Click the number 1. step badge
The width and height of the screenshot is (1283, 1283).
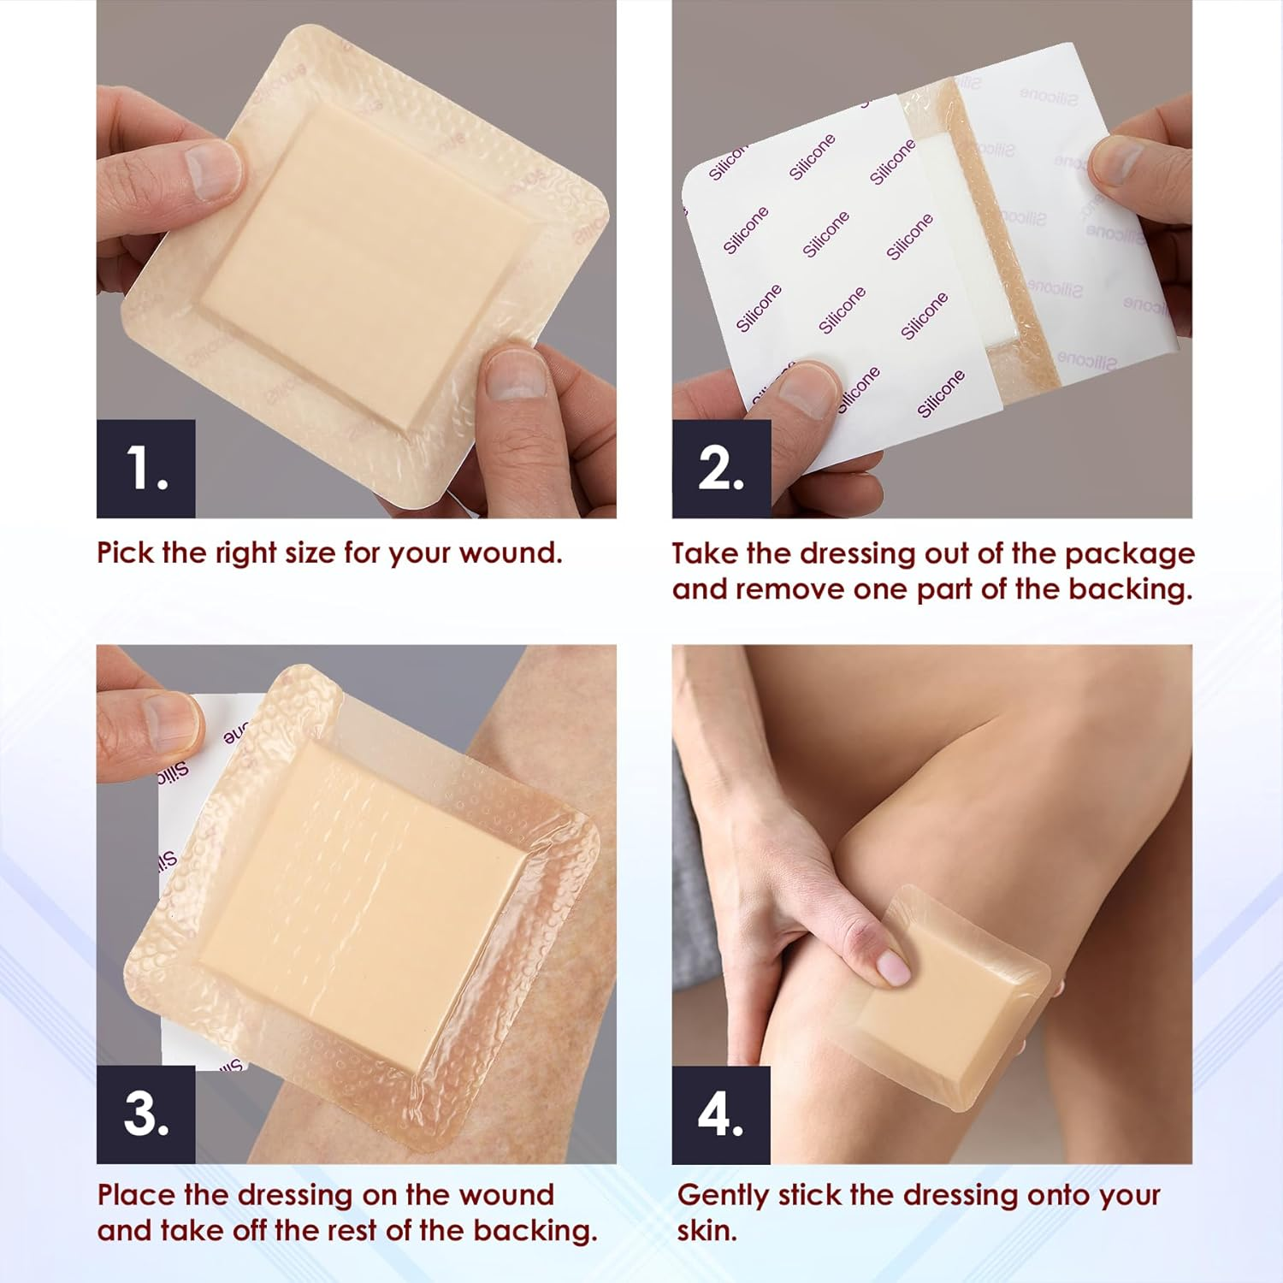145,469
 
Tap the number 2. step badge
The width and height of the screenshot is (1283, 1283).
721,469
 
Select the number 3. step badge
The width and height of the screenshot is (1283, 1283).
145,1114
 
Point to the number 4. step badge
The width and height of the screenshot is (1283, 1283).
721,1114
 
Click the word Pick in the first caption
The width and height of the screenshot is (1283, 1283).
125,553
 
